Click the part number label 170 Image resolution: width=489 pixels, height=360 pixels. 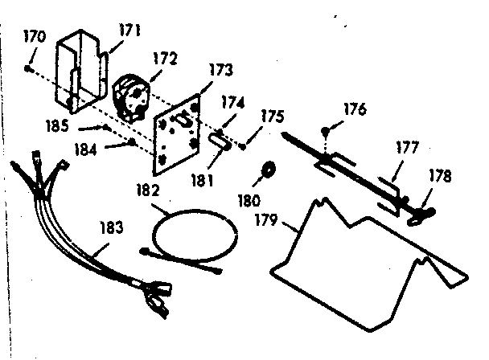(36, 38)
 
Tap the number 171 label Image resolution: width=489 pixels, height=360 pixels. (130, 32)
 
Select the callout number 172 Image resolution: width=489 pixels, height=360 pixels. (165, 59)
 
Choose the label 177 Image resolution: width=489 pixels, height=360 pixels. (406, 149)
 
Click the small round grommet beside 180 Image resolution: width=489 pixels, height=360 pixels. (269, 170)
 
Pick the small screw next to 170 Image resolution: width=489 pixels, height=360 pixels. (28, 69)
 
